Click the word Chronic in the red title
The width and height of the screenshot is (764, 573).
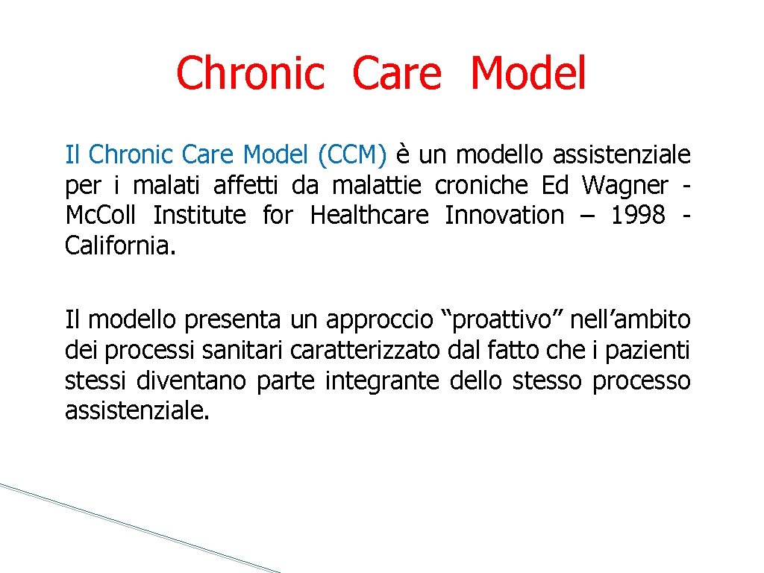(251, 75)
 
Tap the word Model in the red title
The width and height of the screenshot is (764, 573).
(528, 75)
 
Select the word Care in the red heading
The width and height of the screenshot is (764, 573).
(396, 75)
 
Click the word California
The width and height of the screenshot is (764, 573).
(121, 245)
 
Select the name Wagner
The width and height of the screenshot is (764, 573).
(625, 185)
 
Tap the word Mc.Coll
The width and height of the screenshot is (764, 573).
(101, 216)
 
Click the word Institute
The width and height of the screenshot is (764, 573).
(199, 216)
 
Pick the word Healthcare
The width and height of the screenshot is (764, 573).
(369, 216)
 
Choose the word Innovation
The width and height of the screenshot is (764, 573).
(504, 216)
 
